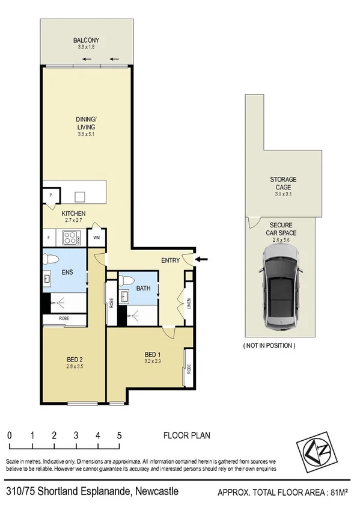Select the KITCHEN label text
(x=74, y=214)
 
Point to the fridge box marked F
(x=49, y=238)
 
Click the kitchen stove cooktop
(x=72, y=238)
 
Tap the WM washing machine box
(x=97, y=238)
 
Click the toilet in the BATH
(x=124, y=280)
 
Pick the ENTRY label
(x=170, y=260)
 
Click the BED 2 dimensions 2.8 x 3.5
(x=75, y=368)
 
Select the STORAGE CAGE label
(x=282, y=183)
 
